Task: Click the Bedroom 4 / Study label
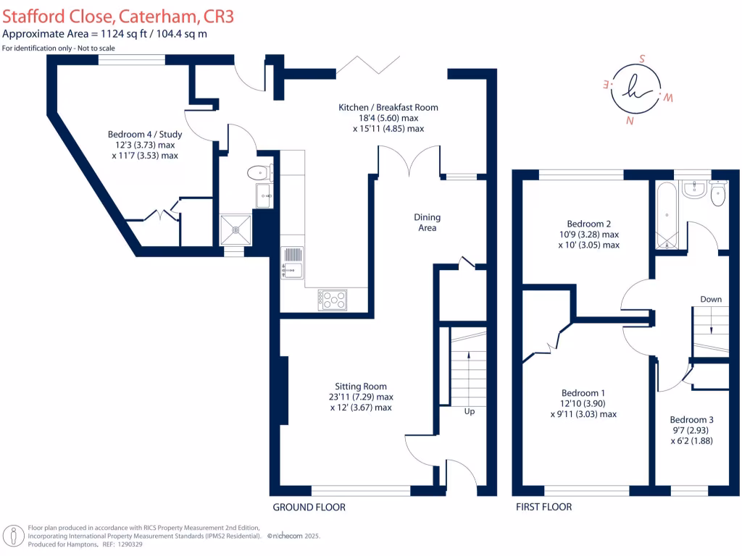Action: pos(145,135)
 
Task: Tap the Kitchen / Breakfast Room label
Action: pos(388,108)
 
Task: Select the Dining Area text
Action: pos(427,222)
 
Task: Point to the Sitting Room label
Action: pos(360,387)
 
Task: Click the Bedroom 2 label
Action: pos(588,224)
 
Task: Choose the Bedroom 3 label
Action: pos(691,420)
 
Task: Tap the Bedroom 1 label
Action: pos(583,394)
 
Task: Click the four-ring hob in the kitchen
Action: pos(333,299)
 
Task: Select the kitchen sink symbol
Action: pos(293,262)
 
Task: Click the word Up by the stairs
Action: pos(469,411)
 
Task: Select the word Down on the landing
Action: pos(710,299)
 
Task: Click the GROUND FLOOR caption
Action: pos(309,507)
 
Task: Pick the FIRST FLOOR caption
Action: pos(543,507)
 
